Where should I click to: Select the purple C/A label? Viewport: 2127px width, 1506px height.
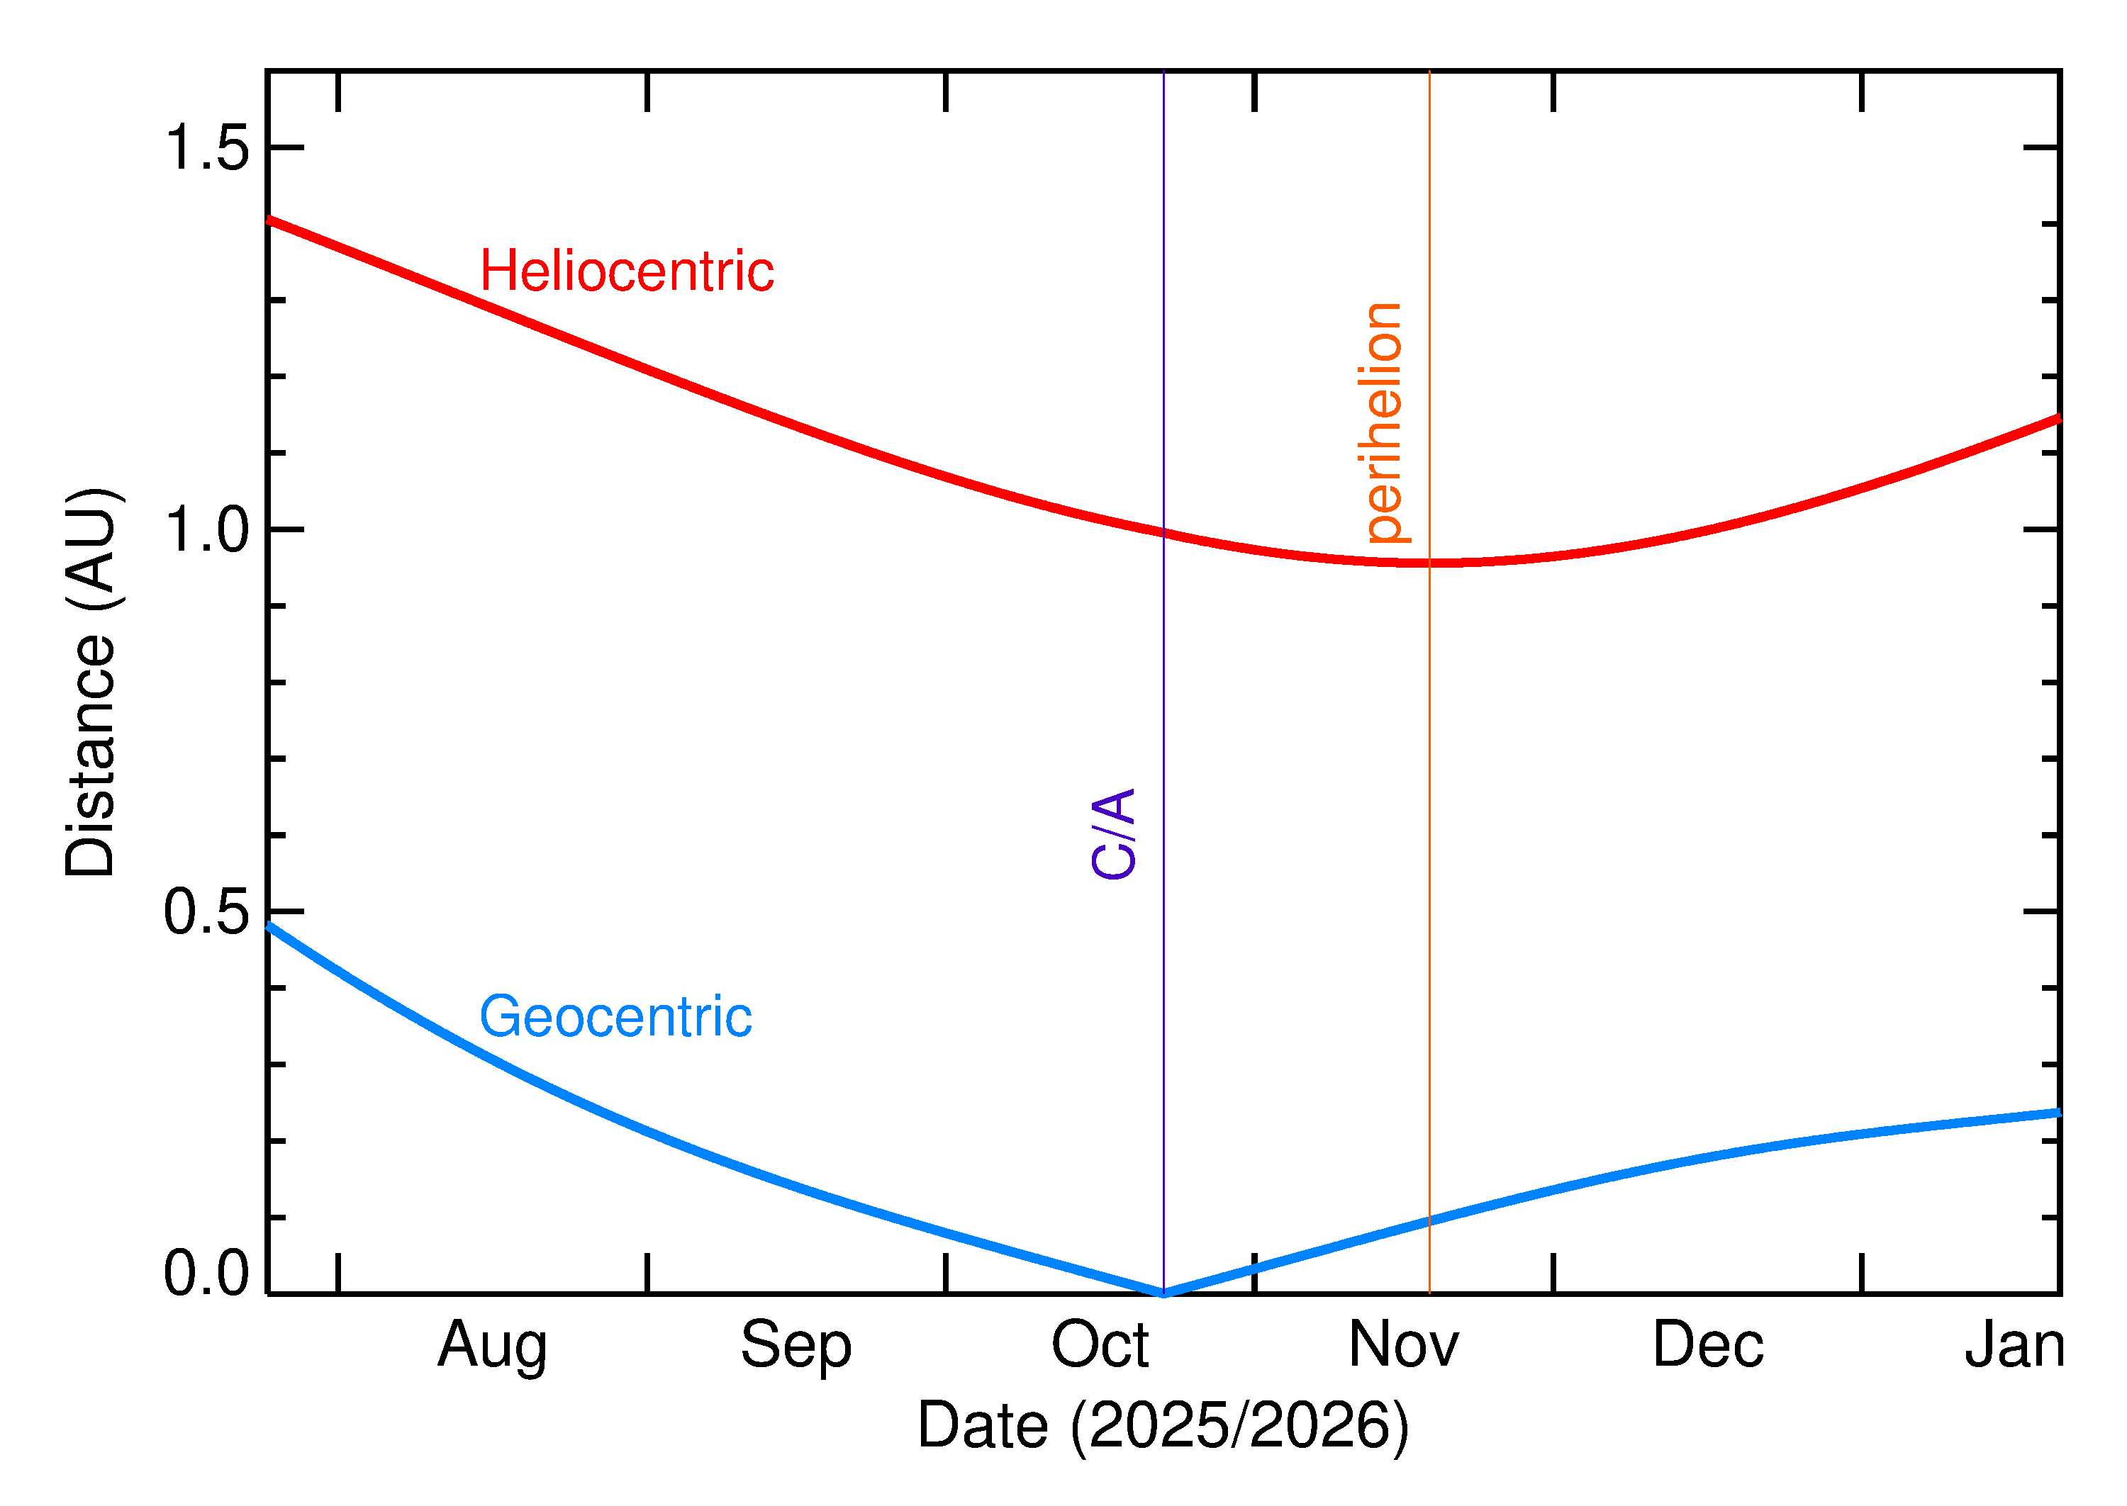(1113, 833)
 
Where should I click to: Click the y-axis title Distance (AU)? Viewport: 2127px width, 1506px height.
(90, 682)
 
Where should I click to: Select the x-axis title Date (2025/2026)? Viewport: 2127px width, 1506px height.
(1162, 1425)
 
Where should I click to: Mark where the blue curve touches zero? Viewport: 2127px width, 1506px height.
(1163, 1293)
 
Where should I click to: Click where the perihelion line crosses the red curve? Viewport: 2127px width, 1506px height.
(1429, 563)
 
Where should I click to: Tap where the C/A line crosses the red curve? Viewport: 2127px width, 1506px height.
(1163, 532)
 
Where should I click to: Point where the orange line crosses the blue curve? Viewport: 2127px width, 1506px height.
(1429, 1221)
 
